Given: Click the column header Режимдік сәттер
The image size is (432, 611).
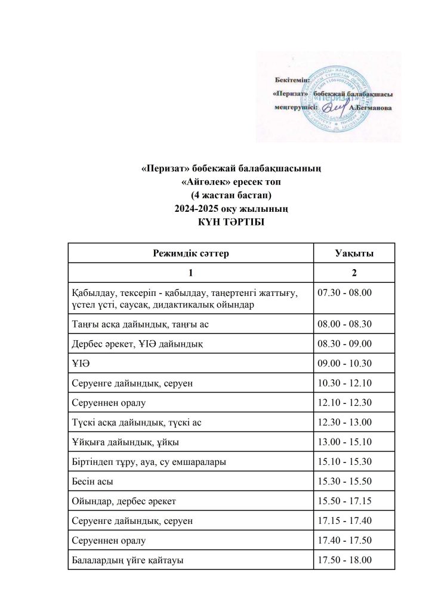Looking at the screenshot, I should [x=191, y=254].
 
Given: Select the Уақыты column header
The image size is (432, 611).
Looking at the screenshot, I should [x=354, y=254].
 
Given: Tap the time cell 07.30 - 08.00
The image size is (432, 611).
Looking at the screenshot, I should [x=345, y=293].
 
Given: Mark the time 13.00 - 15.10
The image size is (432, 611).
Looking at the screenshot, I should [x=345, y=442].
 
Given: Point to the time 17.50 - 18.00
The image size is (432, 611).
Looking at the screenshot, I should [x=345, y=560].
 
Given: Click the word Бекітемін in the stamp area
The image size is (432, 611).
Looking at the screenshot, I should [x=291, y=79].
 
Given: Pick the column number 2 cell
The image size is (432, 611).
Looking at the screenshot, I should [x=354, y=273].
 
